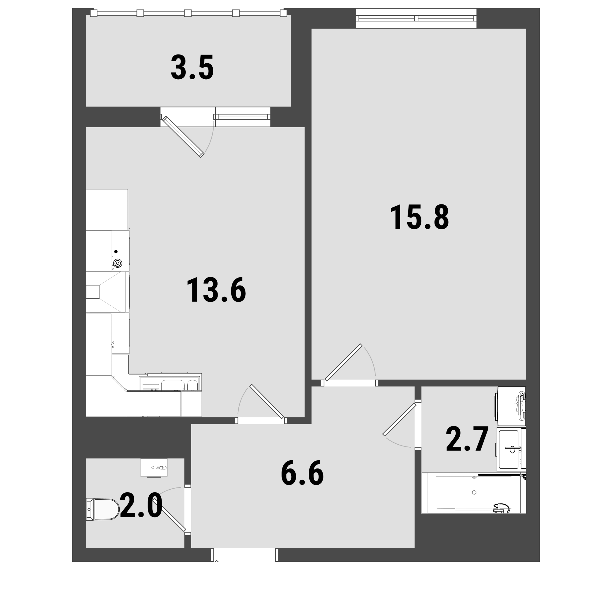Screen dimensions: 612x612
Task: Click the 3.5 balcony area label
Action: pyautogui.click(x=192, y=67)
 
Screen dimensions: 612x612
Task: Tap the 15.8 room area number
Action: pyautogui.click(x=419, y=217)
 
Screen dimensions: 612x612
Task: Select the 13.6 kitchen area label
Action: pyautogui.click(x=216, y=290)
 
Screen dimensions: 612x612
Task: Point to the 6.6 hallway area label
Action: pyautogui.click(x=302, y=473)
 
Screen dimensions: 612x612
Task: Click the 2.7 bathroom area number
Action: pyautogui.click(x=467, y=439)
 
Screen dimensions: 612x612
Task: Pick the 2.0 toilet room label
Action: pyautogui.click(x=141, y=505)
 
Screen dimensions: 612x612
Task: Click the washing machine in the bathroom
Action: pyautogui.click(x=512, y=406)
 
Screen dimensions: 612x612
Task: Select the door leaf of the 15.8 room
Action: pyautogui.click(x=343, y=362)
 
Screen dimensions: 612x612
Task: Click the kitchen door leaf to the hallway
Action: pyautogui.click(x=267, y=402)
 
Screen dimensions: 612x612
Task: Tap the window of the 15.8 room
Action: pyautogui.click(x=416, y=18)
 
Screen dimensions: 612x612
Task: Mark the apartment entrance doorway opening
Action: pyautogui.click(x=244, y=555)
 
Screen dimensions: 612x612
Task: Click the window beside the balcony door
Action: pyautogui.click(x=243, y=117)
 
